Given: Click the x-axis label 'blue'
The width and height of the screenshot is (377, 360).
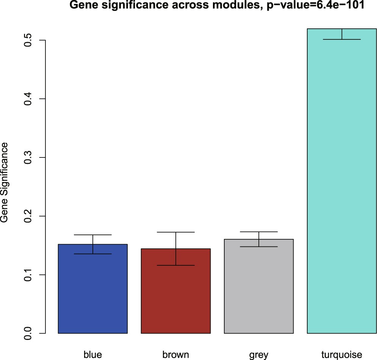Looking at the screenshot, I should pyautogui.click(x=93, y=355).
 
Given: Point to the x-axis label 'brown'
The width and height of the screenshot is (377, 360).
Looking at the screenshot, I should pyautogui.click(x=176, y=355).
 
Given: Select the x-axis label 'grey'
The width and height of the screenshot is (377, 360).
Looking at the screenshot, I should pyautogui.click(x=259, y=355).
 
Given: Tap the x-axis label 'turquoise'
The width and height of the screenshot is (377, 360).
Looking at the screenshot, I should pyautogui.click(x=342, y=355).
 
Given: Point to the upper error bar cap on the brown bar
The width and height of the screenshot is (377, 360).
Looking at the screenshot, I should pyautogui.click(x=176, y=232).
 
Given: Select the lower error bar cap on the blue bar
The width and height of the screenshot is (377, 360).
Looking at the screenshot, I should pyautogui.click(x=93, y=254).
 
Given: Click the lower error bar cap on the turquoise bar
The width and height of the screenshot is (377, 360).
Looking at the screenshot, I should pyautogui.click(x=342, y=39).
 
